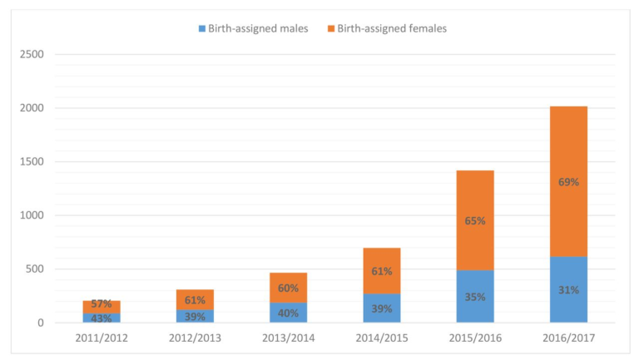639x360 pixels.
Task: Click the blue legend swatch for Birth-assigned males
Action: pos(202,29)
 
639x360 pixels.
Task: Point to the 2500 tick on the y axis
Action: pos(32,55)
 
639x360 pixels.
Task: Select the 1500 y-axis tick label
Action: pos(32,162)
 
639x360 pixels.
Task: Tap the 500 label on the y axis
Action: pos(36,269)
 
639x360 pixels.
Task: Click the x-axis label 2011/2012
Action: pos(102,339)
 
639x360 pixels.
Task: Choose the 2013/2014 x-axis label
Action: pos(288,339)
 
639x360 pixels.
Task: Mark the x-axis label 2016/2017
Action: pos(568,339)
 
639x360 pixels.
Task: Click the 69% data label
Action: pos(568,181)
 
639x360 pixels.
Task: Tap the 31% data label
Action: pos(568,289)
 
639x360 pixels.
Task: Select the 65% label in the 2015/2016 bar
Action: pos(475,220)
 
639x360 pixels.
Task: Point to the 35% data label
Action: pos(475,296)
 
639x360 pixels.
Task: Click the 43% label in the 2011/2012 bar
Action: pos(102,318)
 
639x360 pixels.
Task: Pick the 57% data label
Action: pos(102,304)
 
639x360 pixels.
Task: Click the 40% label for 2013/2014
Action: pos(288,313)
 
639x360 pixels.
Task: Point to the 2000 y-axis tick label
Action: pos(32,108)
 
